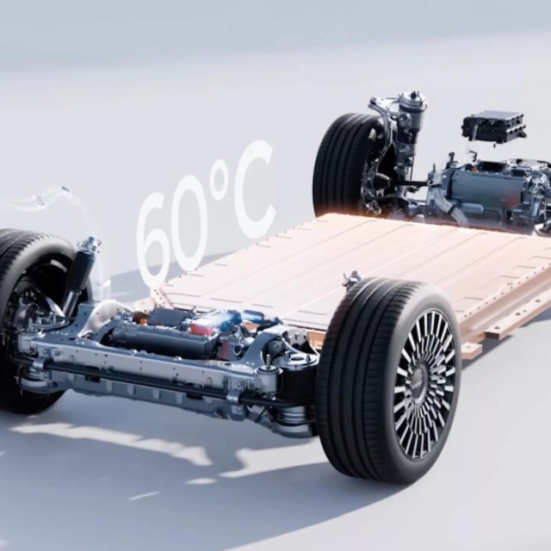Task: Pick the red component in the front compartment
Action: (x=201, y=327)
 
